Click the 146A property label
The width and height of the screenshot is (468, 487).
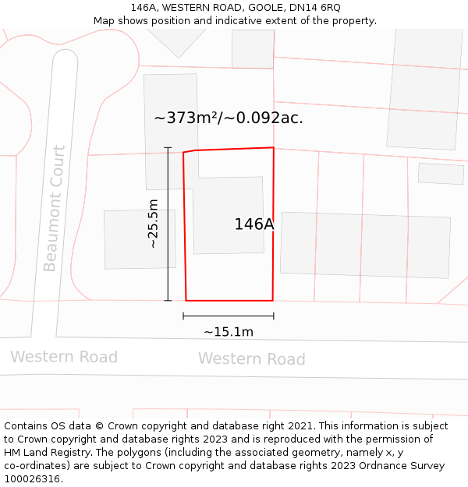[x=254, y=224]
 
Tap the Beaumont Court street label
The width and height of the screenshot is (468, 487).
[x=54, y=208]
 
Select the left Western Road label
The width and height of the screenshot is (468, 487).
[x=64, y=357]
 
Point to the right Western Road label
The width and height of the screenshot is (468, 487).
[x=251, y=359]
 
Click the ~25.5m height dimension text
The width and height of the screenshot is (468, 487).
[x=153, y=224]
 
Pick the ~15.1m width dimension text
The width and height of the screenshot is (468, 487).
[x=229, y=332]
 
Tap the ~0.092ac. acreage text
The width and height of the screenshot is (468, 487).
[x=264, y=118]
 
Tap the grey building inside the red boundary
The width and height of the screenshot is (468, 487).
[x=229, y=215]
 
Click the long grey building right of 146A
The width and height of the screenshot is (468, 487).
[x=365, y=245]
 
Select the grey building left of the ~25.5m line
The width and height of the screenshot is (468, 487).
[x=129, y=239]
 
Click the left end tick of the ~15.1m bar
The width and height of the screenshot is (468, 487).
[x=183, y=316]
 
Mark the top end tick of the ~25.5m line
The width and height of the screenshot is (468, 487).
[x=168, y=147]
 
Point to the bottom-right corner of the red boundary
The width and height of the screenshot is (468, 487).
[x=272, y=300]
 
